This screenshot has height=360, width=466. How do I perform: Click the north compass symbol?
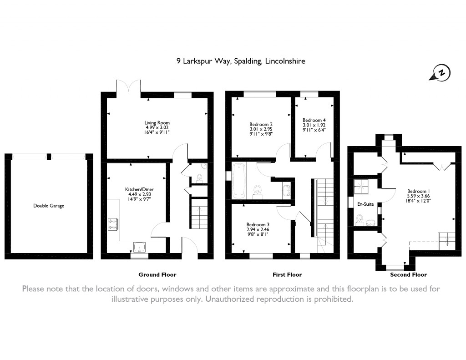click(x=441, y=73)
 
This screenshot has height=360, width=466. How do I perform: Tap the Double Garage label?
click(x=49, y=206)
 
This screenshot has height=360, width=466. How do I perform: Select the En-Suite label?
click(x=365, y=204)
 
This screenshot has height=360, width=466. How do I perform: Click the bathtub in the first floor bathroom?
click(x=239, y=180)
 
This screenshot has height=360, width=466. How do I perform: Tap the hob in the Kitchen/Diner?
click(x=113, y=224)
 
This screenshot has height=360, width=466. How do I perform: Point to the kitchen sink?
click(x=140, y=247)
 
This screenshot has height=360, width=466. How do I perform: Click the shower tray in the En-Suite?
click(x=361, y=187)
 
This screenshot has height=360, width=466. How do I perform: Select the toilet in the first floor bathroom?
click(x=258, y=192)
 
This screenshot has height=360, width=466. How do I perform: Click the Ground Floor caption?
click(x=157, y=275)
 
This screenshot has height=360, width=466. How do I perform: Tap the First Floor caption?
click(x=287, y=275)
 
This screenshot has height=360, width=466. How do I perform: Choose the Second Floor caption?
click(x=408, y=275)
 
